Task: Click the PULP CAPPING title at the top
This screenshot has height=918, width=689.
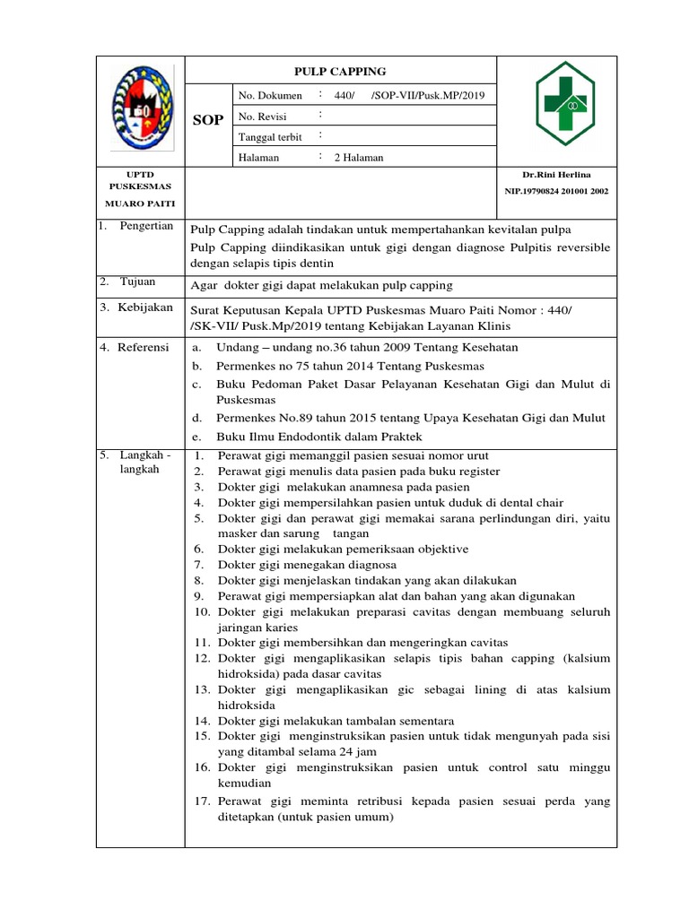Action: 340,71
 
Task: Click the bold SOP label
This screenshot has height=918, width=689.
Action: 208,120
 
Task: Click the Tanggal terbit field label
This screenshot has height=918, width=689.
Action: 269,136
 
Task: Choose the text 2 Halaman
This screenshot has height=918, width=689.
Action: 358,158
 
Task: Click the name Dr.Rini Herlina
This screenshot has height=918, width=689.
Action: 557,174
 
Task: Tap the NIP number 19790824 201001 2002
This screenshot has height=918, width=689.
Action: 557,192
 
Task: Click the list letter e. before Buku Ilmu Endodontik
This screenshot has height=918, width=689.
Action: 196,437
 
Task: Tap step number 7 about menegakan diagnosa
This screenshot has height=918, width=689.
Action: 198,566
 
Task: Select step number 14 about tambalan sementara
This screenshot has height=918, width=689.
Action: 201,721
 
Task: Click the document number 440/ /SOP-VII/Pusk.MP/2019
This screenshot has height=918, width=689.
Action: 412,95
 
